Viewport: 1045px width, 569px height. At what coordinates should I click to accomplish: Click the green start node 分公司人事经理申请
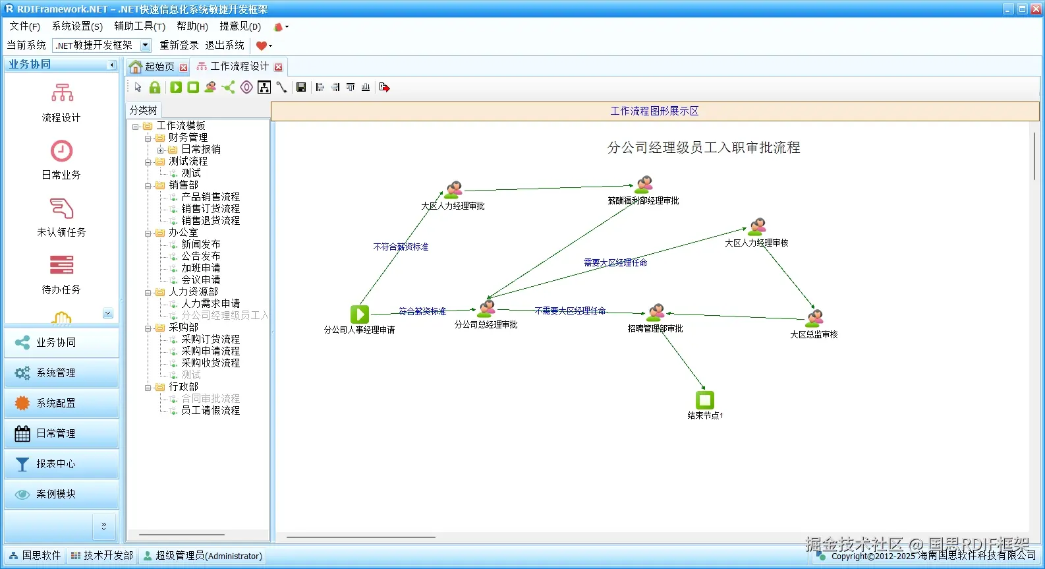tap(359, 314)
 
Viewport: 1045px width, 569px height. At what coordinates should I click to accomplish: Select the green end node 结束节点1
tap(704, 400)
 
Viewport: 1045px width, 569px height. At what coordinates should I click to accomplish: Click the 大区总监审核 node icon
tap(815, 318)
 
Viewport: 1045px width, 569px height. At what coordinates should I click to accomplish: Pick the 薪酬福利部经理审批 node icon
tap(643, 185)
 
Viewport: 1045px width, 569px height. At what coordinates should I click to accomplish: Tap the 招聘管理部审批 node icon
tap(656, 313)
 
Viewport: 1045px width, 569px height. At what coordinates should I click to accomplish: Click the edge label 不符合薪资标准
tap(401, 247)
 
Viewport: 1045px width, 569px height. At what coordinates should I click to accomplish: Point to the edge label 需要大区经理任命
tap(615, 262)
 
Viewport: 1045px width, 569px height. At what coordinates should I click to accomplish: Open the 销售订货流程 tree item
tap(210, 209)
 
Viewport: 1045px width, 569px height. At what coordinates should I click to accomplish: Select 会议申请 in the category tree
tap(200, 280)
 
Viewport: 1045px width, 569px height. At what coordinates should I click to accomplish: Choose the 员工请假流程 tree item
tap(210, 411)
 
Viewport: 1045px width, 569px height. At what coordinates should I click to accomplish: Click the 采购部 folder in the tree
tap(183, 328)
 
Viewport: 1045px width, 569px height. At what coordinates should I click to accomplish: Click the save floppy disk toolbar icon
tap(301, 88)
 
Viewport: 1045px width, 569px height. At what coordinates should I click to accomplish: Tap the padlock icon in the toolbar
tap(155, 88)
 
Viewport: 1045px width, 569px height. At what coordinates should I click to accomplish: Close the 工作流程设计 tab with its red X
tap(279, 67)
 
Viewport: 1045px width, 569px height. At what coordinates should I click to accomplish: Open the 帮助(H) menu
tap(192, 26)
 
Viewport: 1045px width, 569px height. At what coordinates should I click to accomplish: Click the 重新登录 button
tap(179, 45)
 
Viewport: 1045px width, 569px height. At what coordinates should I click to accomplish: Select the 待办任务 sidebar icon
tap(61, 266)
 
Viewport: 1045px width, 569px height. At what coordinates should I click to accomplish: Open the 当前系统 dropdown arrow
tap(146, 45)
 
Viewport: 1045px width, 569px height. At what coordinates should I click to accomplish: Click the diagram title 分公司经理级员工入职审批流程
tap(703, 148)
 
